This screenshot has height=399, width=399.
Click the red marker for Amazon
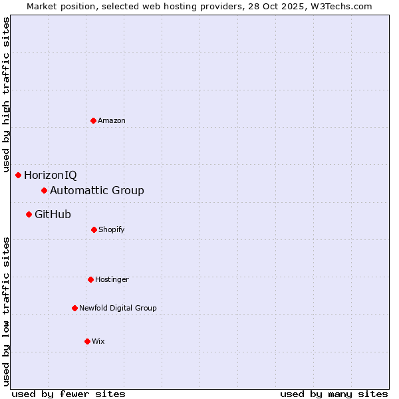(93, 120)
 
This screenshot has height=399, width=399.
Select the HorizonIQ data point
(19, 175)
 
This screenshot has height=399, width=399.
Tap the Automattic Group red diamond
(45, 191)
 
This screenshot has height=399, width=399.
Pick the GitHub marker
(29, 214)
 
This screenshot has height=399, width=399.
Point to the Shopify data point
(94, 229)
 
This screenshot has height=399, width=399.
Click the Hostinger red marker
(90, 279)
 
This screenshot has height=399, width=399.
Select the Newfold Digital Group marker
(74, 308)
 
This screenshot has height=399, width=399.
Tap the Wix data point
(87, 341)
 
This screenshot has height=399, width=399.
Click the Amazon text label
(112, 120)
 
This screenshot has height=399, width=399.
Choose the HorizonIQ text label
(51, 176)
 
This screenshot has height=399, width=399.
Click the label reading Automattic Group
(97, 191)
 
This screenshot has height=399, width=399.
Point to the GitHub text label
(53, 214)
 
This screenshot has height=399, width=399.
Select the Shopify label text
(112, 229)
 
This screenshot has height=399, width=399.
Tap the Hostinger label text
(112, 279)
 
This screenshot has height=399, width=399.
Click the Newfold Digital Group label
(118, 308)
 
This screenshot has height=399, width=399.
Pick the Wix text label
(98, 341)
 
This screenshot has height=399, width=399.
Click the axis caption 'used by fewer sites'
(68, 394)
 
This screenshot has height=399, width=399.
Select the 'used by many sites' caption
(334, 394)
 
